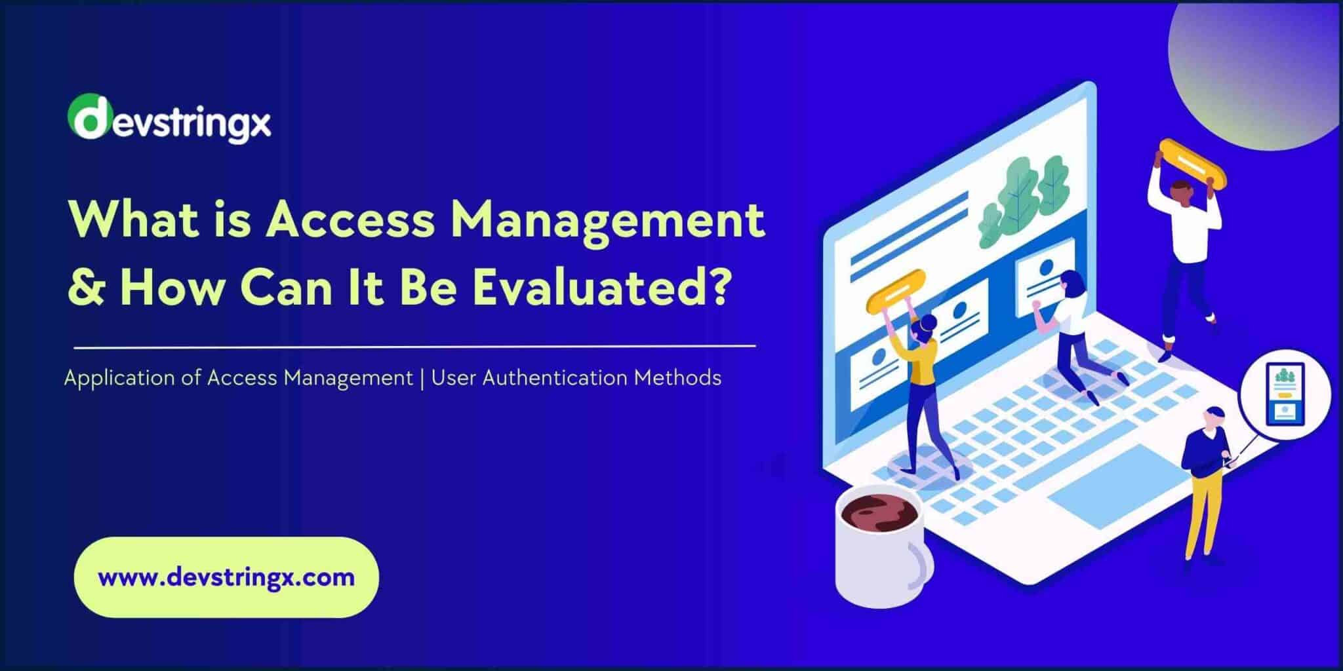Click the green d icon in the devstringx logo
click(x=87, y=117)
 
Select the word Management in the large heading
click(x=606, y=220)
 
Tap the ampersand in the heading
click(x=87, y=288)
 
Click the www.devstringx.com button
click(x=226, y=577)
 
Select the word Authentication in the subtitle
click(x=555, y=378)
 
